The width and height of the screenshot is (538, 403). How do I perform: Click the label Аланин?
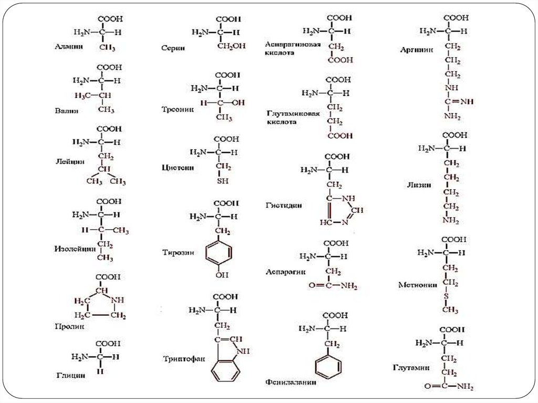69,46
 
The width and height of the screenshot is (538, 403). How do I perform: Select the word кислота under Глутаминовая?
282,121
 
